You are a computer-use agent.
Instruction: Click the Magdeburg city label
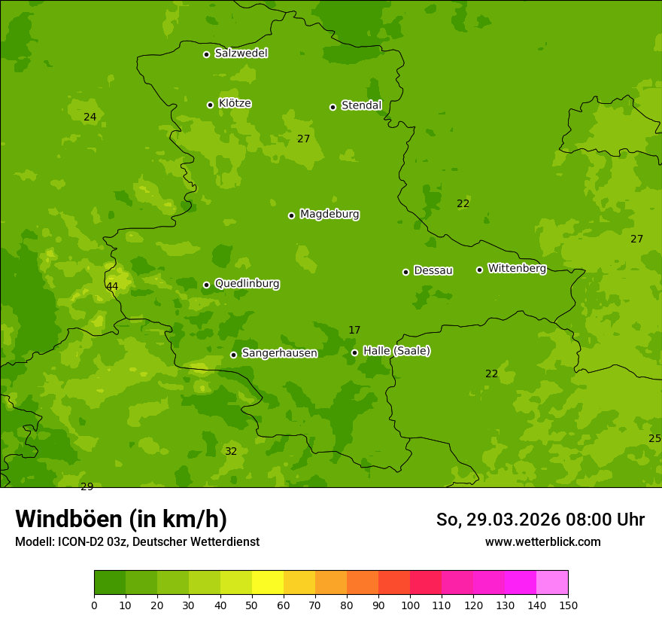click(329, 215)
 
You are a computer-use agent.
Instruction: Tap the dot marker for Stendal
click(333, 107)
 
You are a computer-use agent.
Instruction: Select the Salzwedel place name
click(241, 53)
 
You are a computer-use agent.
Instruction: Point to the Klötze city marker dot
click(210, 105)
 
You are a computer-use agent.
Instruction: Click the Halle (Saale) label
click(396, 351)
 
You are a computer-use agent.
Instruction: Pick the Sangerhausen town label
click(279, 353)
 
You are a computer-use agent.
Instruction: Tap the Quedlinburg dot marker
click(206, 285)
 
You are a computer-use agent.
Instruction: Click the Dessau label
click(433, 270)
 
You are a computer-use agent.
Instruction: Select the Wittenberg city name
click(517, 268)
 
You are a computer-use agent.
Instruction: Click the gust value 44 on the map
click(112, 287)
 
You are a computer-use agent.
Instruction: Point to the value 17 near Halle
click(354, 331)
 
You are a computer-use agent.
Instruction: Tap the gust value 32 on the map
click(231, 452)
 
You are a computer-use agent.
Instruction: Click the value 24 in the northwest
click(90, 117)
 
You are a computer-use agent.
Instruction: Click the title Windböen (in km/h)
click(121, 519)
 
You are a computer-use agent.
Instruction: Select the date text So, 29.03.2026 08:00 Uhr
click(540, 520)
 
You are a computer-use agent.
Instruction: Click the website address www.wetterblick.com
click(542, 541)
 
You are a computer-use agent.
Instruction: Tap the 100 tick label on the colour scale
click(410, 605)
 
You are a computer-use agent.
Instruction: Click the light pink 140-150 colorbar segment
click(552, 583)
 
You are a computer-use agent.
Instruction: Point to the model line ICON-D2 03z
click(137, 542)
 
